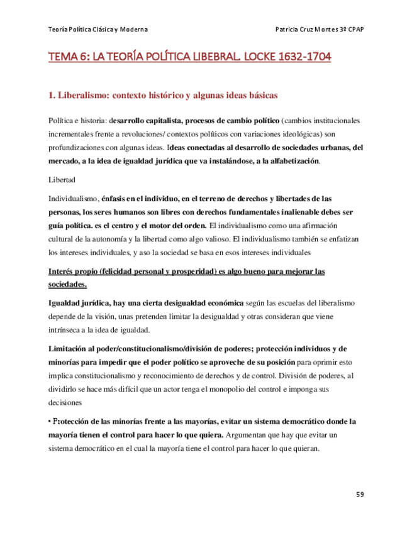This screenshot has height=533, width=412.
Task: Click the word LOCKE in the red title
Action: (259, 58)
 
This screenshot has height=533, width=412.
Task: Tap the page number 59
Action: (360, 495)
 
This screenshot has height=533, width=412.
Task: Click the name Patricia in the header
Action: (289, 30)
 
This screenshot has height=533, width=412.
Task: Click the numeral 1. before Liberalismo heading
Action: (52, 96)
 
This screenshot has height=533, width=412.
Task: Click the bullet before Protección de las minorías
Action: (50, 421)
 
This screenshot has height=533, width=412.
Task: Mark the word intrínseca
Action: (67, 331)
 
